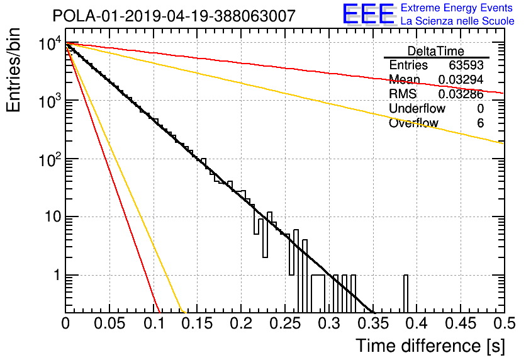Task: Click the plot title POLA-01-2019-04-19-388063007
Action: coord(174,16)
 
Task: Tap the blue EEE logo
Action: coord(369,14)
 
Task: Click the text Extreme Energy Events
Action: coord(457,8)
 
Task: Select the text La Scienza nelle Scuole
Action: coord(457,21)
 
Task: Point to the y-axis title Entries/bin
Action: coord(13,70)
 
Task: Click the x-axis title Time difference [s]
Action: coord(430,346)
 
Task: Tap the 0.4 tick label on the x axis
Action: coord(416,323)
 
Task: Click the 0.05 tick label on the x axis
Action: coord(109,323)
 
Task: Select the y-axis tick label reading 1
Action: coord(57,275)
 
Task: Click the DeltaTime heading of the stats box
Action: coord(436,51)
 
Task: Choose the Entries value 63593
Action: coord(466,65)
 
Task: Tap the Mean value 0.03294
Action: coord(461,79)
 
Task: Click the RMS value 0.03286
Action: coord(461,94)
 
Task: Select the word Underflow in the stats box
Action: coord(417,108)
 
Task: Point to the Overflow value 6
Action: coord(480,123)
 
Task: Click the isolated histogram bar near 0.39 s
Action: coord(406,294)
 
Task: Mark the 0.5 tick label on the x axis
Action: coord(505,323)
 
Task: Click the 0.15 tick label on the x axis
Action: coord(198,323)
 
